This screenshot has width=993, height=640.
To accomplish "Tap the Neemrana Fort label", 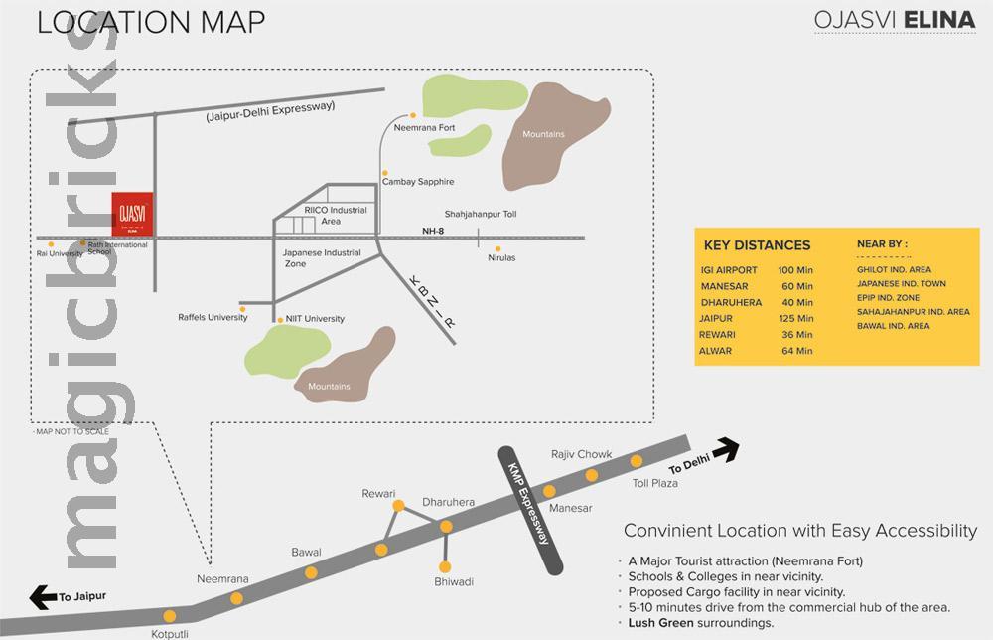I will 424,128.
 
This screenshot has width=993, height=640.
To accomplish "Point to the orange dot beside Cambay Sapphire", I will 384,171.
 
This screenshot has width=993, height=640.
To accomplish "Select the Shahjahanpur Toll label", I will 481,214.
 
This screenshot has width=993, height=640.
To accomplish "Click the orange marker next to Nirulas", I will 498,248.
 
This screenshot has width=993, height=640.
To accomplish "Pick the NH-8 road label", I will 430,231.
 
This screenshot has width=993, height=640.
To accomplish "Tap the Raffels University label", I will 213,318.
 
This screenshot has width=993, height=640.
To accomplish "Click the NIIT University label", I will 315,319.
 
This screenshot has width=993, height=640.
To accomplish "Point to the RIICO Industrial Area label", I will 336,216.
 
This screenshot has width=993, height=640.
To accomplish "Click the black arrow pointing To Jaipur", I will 45,596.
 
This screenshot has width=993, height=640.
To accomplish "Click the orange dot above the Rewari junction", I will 398,506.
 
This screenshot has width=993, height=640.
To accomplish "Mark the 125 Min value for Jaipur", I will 796,318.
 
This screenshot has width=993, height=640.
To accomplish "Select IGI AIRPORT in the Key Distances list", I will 729,270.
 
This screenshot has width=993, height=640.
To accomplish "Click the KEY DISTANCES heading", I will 757,245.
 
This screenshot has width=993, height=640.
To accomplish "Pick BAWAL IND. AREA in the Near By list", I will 893,326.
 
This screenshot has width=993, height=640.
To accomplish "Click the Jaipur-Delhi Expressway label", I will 270,111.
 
